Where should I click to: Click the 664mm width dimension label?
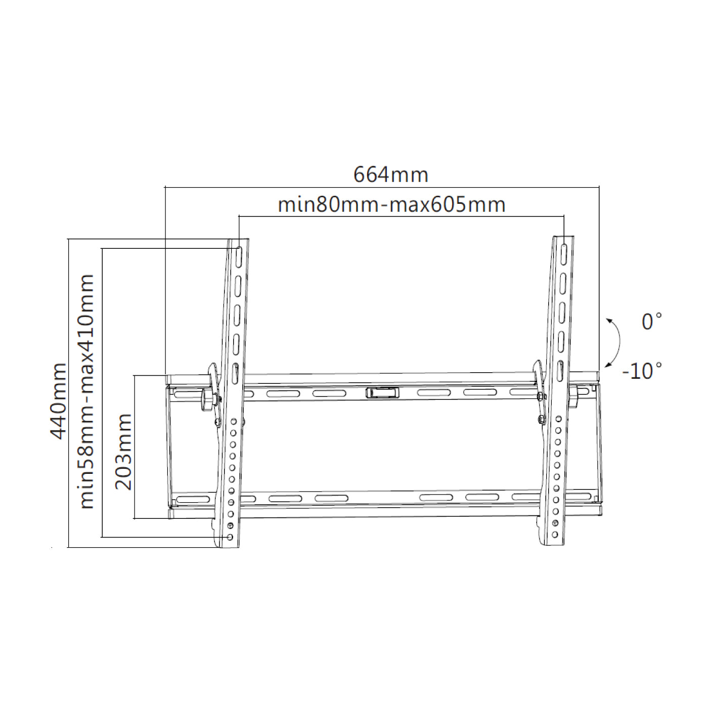point(390,175)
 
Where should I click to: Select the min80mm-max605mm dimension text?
point(391,205)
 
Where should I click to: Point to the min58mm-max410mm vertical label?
point(86,391)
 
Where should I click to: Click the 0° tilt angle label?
point(651,322)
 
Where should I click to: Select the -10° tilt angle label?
point(642,371)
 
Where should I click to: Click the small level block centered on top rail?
point(382,392)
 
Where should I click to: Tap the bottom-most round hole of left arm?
point(231,537)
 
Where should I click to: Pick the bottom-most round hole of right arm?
point(555,535)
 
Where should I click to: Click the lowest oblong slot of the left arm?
point(236,375)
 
